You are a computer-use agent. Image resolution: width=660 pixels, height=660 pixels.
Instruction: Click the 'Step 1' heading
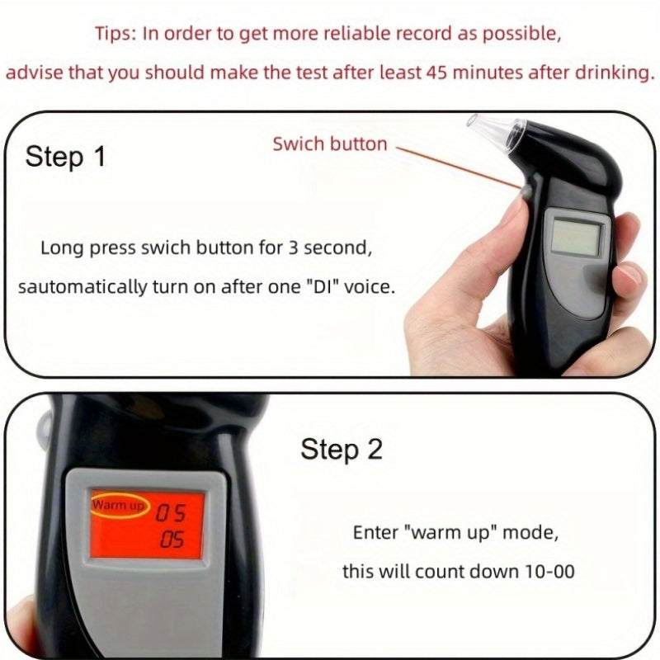[65, 157]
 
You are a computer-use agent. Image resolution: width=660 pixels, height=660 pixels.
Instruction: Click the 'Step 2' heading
[342, 449]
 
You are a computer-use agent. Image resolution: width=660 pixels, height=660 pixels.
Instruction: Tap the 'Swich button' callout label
[330, 144]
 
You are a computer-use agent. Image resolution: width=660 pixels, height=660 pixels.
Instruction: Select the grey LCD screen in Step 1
[576, 238]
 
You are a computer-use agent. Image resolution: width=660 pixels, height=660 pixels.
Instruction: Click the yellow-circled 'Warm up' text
[118, 504]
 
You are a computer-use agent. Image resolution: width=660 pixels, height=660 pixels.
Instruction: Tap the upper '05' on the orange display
[171, 512]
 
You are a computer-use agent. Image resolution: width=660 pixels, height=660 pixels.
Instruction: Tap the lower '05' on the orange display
[172, 540]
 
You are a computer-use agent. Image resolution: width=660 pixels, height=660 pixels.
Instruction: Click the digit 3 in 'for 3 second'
[293, 248]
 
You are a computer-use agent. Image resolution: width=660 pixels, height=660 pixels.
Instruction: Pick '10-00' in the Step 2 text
[549, 572]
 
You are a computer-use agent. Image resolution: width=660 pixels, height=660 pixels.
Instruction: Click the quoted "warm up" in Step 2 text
[450, 533]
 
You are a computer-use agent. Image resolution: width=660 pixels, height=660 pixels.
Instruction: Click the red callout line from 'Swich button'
[459, 167]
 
